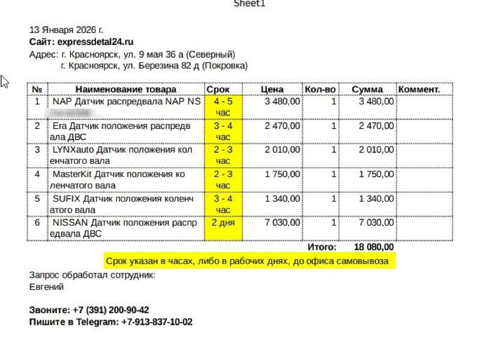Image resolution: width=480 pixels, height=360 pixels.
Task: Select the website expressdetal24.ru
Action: (95, 41)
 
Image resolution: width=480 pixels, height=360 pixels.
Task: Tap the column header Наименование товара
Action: (126, 89)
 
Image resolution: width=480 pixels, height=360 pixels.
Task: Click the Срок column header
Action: (218, 89)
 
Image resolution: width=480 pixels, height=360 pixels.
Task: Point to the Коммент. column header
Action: (419, 89)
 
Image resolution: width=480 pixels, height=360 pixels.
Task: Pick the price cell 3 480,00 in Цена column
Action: (283, 101)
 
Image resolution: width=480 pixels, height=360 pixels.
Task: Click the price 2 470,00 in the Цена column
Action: (283, 126)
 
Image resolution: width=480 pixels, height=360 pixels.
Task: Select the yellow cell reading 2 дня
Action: (223, 222)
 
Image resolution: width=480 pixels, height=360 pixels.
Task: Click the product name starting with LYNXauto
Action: (122, 155)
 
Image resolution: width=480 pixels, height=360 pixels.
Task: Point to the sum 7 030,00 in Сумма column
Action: (376, 222)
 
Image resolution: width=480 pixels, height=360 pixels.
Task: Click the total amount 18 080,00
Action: (374, 247)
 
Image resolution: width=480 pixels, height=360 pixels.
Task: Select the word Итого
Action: (322, 247)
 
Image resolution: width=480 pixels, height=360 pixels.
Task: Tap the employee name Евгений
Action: (47, 287)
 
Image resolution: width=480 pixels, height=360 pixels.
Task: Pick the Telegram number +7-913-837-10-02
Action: (157, 322)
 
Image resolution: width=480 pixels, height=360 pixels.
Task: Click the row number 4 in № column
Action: (37, 174)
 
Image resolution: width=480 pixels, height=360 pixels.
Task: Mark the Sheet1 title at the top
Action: (248, 4)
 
